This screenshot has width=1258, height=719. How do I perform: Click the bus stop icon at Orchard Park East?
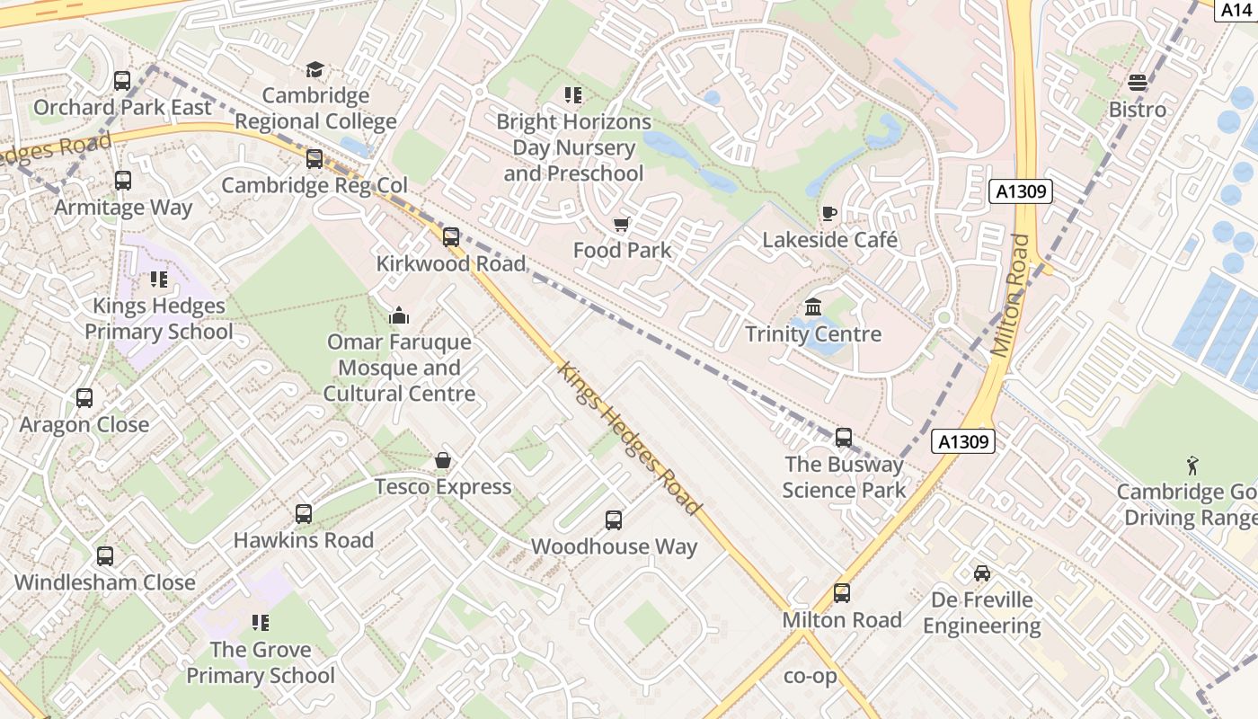pos(122,81)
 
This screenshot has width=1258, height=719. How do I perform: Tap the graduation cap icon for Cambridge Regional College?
pos(314,69)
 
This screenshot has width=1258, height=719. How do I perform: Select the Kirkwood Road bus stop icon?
pos(451,237)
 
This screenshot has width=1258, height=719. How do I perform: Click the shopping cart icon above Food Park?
pos(621,224)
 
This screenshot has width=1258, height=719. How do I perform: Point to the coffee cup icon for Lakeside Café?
pos(828,213)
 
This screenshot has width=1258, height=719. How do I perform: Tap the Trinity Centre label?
pos(813,334)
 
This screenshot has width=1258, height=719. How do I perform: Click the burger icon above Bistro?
pos(1138,83)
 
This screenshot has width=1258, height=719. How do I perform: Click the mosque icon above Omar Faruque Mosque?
pos(398,315)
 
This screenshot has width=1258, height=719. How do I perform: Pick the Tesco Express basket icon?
pos(443,461)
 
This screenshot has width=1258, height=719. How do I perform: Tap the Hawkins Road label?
pos(304,540)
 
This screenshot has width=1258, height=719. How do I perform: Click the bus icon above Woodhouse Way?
pos(614,520)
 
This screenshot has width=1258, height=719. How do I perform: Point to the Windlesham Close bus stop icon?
pos(105,556)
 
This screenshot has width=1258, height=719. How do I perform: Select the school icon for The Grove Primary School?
pos(261,623)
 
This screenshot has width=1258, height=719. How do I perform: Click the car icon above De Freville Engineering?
pos(982,573)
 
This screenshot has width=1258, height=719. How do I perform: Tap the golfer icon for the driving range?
pos(1192,465)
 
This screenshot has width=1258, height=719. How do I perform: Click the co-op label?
pos(811,676)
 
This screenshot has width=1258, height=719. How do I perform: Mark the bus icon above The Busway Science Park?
pos(844,438)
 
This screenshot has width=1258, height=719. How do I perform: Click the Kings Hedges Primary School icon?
pos(159,280)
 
